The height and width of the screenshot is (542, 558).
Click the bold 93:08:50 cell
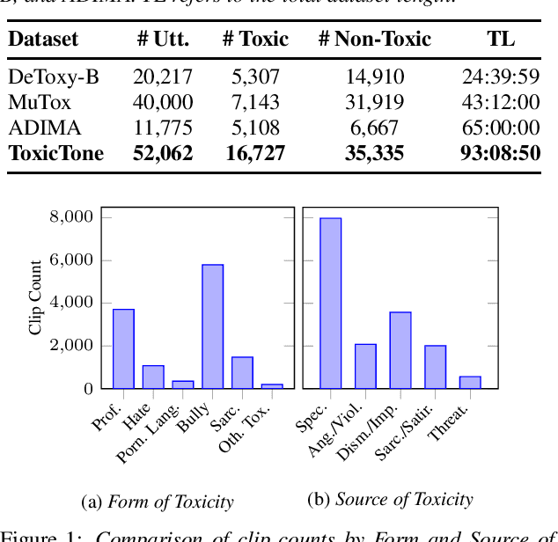499,154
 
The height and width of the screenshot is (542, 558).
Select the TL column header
501,39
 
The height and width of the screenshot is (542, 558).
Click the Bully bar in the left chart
212,326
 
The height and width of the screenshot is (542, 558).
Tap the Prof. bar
123,348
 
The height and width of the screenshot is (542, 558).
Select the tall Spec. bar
330,303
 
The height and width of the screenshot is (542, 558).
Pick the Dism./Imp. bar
400,349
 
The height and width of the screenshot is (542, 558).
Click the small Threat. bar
470,382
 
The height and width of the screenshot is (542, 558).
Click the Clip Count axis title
36,297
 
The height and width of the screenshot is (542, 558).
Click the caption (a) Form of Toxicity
158,502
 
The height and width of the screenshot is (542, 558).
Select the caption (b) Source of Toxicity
390,500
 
